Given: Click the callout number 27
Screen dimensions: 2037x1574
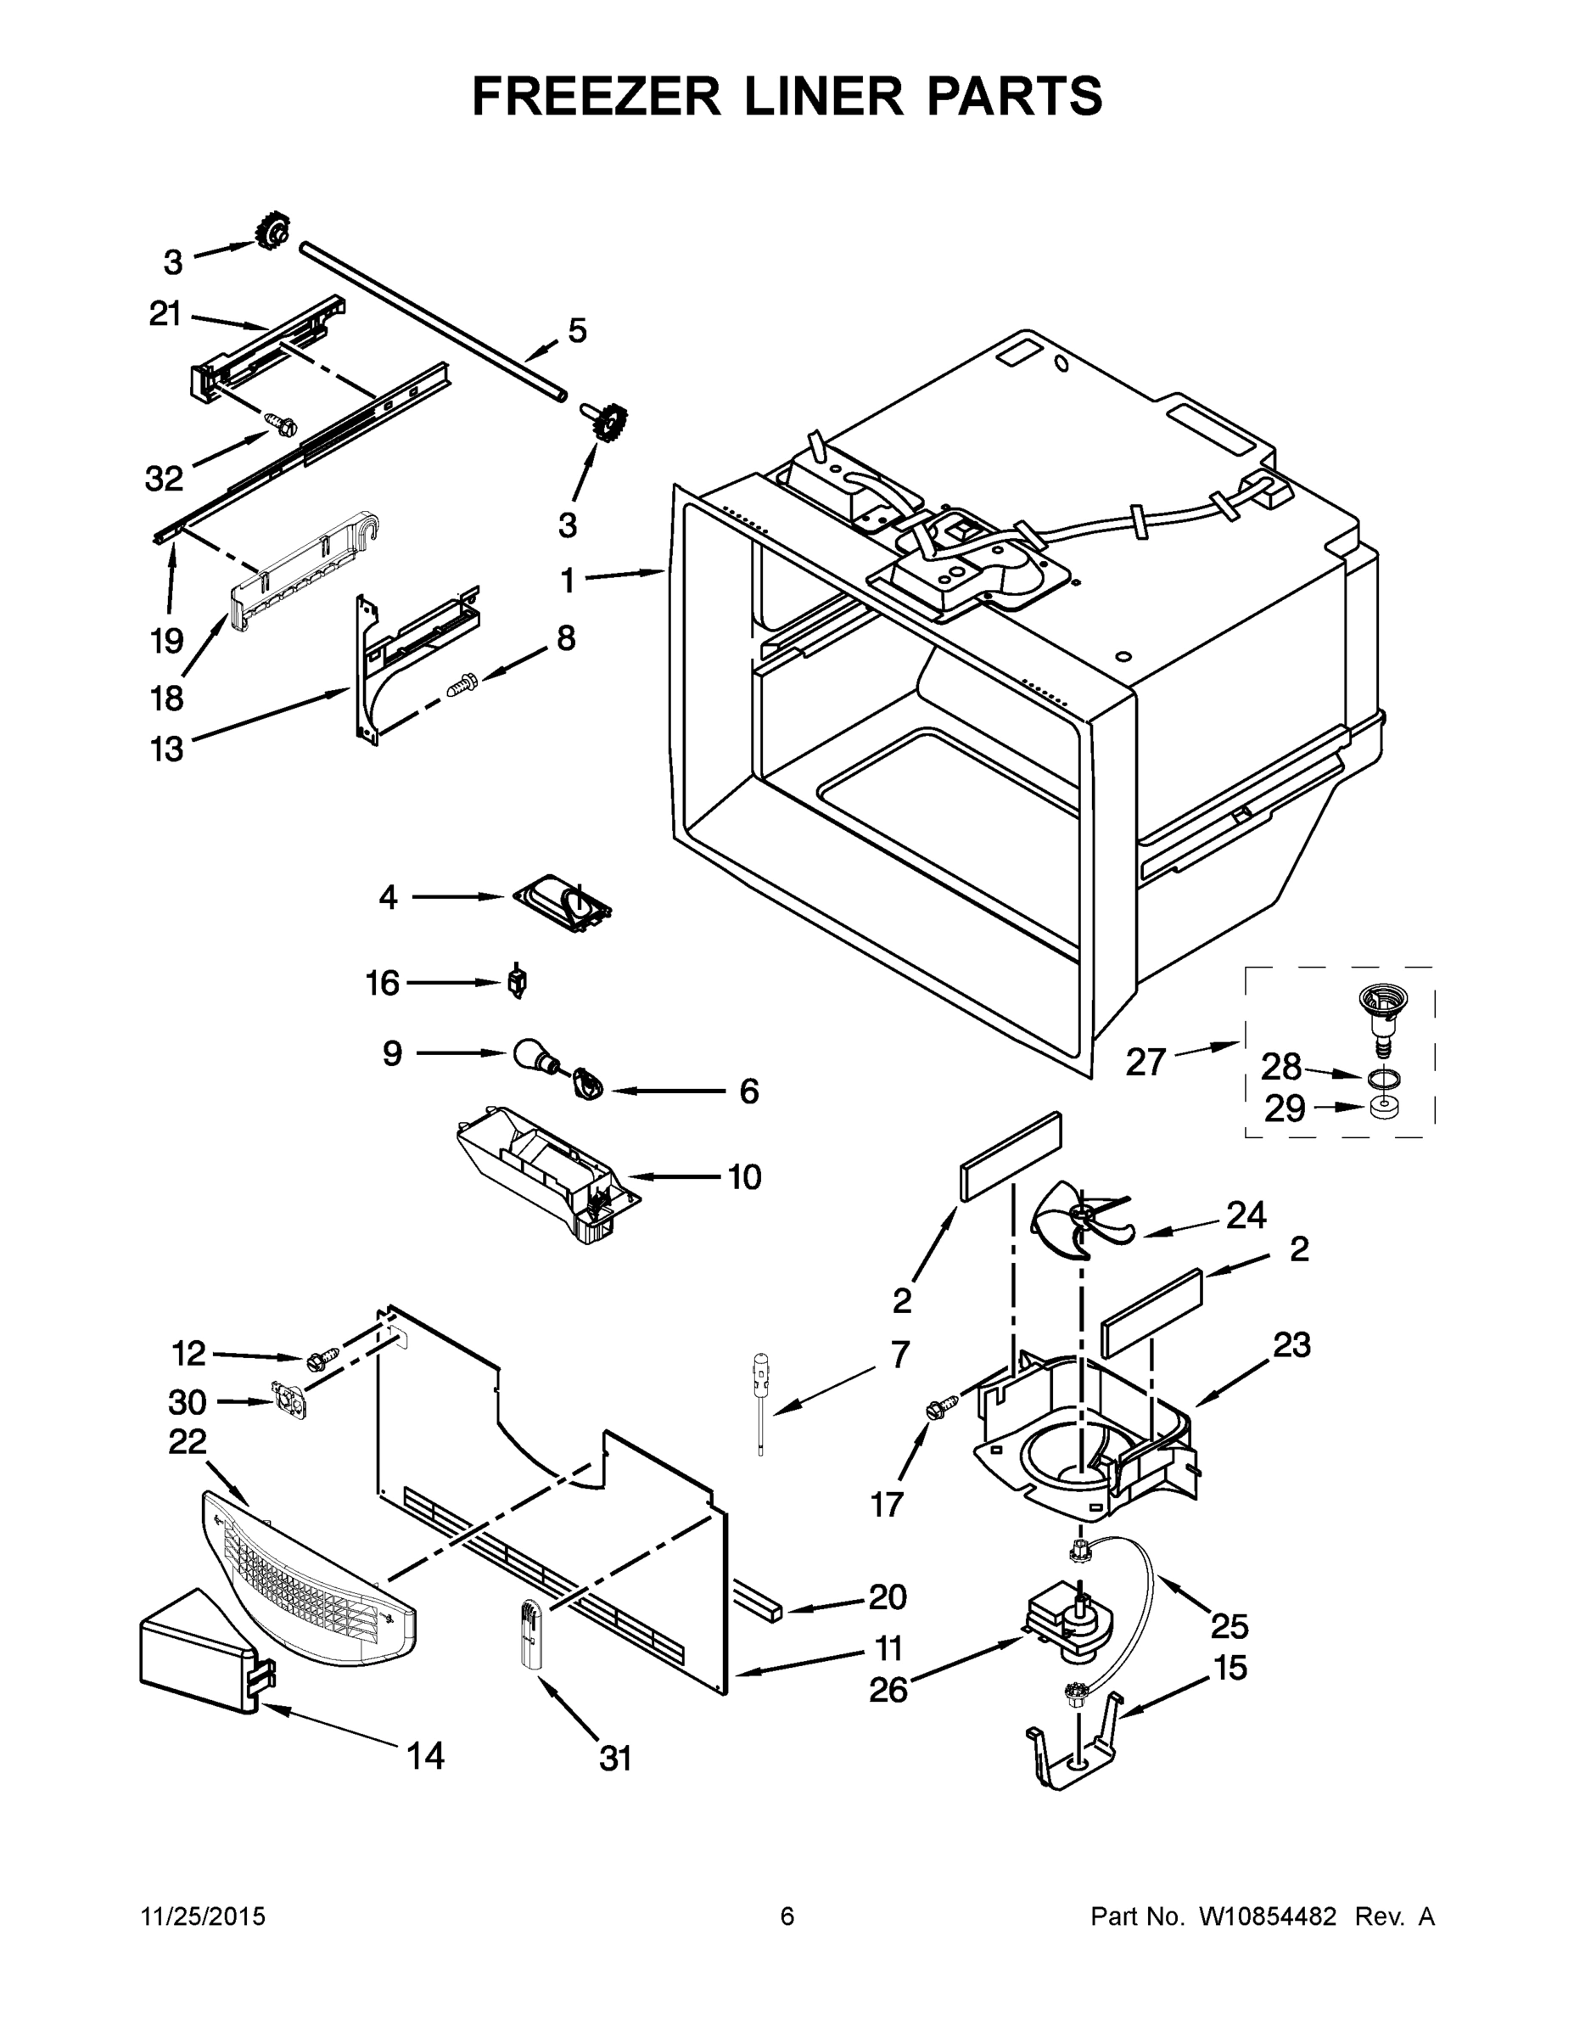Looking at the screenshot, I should (1146, 1063).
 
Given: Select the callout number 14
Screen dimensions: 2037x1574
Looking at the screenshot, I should (425, 1756).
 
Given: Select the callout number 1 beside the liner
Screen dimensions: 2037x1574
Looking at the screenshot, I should (567, 581).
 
